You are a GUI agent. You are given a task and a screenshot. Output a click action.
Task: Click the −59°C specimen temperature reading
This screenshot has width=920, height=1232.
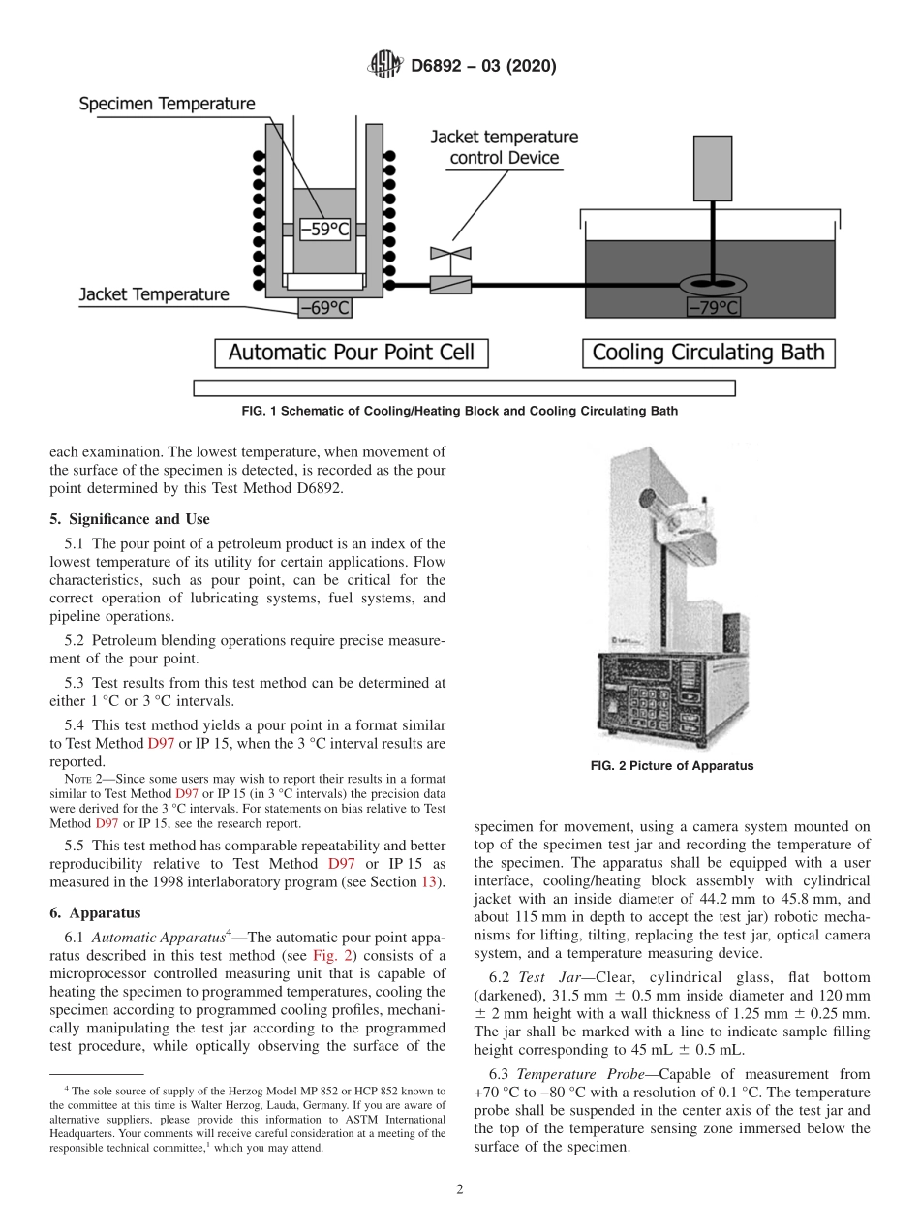[x=324, y=230]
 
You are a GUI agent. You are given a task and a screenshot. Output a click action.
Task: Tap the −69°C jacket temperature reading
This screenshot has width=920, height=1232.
[x=324, y=308]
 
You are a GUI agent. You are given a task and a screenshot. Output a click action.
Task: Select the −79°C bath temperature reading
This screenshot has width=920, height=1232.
[x=714, y=308]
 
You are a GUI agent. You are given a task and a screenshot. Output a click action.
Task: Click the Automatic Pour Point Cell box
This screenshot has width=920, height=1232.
[x=351, y=353]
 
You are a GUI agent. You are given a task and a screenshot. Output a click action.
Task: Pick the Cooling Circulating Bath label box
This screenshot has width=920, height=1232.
[x=708, y=353]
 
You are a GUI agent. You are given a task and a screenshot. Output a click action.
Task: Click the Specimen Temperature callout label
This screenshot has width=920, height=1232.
[x=167, y=104]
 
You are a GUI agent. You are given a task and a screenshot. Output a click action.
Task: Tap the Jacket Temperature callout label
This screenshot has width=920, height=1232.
[x=154, y=294]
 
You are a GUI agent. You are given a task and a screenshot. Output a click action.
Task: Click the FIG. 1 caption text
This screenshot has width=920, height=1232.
[x=459, y=411]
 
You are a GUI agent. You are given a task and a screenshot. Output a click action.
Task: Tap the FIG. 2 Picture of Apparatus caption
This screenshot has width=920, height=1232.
[x=671, y=765]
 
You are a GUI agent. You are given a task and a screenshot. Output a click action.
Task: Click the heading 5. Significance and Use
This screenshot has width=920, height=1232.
[x=130, y=519]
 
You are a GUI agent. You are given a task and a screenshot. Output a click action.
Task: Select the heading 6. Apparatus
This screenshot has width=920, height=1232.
[x=95, y=912]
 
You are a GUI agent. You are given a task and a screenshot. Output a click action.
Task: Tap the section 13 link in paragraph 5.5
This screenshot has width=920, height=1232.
[x=428, y=880]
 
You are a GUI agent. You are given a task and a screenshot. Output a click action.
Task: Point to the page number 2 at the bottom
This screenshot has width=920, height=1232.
[x=459, y=1189]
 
